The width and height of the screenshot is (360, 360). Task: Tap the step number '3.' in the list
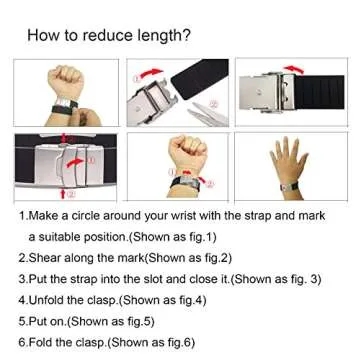point(22,277)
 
